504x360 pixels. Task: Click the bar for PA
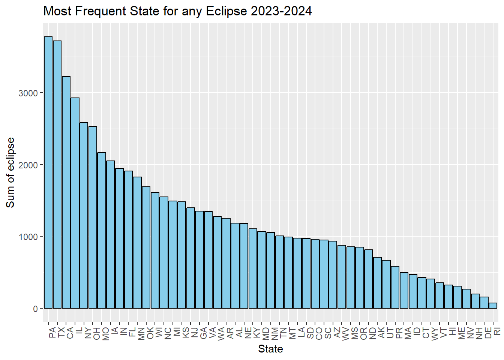point(48,172)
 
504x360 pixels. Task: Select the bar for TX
point(57,174)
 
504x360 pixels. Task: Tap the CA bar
point(66,192)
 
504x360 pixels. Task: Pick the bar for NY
point(84,215)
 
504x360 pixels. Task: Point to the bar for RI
point(493,306)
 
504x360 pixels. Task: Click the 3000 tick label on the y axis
point(28,93)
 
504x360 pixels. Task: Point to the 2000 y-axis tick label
point(28,165)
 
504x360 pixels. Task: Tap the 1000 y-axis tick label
point(28,237)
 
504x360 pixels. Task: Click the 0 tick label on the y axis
point(36,309)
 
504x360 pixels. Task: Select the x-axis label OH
point(97,333)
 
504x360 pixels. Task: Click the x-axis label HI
point(453,331)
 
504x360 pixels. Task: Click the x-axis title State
point(270,349)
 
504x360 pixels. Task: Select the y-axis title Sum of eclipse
point(10,172)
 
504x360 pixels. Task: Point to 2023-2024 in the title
point(281,11)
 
